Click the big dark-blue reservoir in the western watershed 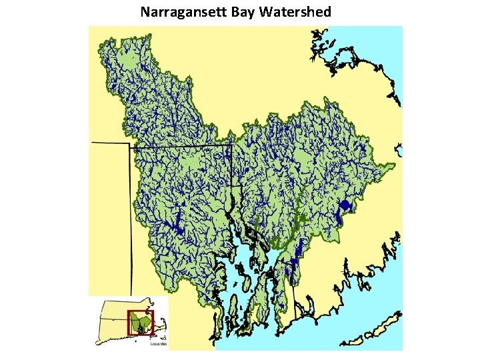pos(178,229)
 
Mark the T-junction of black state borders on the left pos(131,144)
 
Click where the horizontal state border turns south pos(231,145)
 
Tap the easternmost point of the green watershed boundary pos(394,163)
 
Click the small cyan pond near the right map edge pos(398,148)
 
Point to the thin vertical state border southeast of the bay pos(295,293)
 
